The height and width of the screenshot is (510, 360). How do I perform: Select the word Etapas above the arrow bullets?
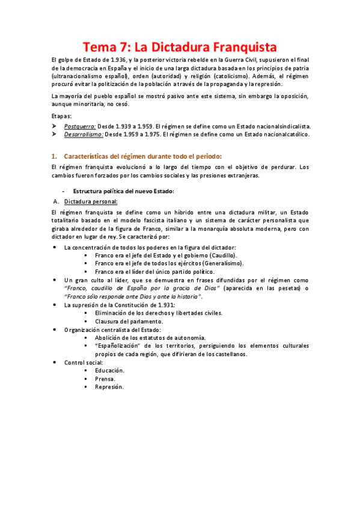tap(62, 115)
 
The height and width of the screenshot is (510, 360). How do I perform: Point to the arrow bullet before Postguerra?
tap(56, 126)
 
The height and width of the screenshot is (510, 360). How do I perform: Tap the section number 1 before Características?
tap(53, 156)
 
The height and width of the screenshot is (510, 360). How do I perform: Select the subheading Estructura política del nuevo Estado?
tap(123, 191)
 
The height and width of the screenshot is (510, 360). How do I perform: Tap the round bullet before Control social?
tap(55, 363)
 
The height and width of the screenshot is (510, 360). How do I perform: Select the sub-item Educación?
tap(109, 370)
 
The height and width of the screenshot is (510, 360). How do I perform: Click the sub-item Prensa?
tap(105, 378)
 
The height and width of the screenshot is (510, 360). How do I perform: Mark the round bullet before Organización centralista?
tap(55, 330)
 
